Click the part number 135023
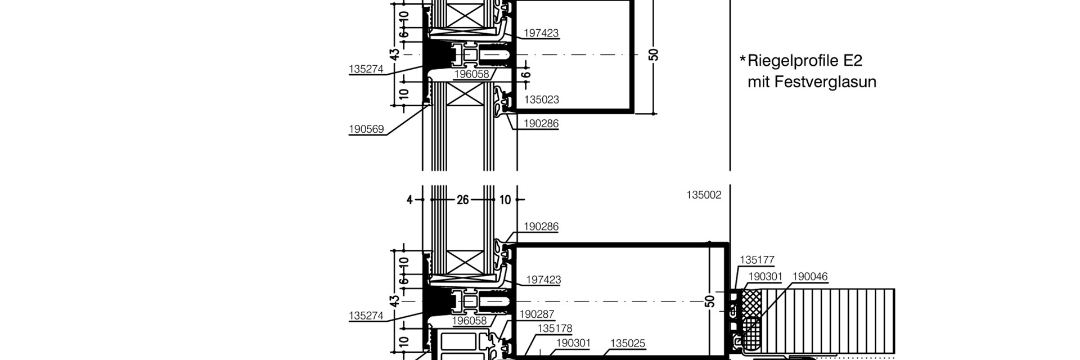pos(541,100)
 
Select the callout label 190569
pos(366,129)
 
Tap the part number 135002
pos(704,195)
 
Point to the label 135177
pos(757,260)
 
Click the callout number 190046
pos(810,276)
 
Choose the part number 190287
pos(537,314)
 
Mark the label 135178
pos(555,328)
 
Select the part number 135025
pos(628,343)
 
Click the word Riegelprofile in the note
pos(794,61)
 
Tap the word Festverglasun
pos(825,82)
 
